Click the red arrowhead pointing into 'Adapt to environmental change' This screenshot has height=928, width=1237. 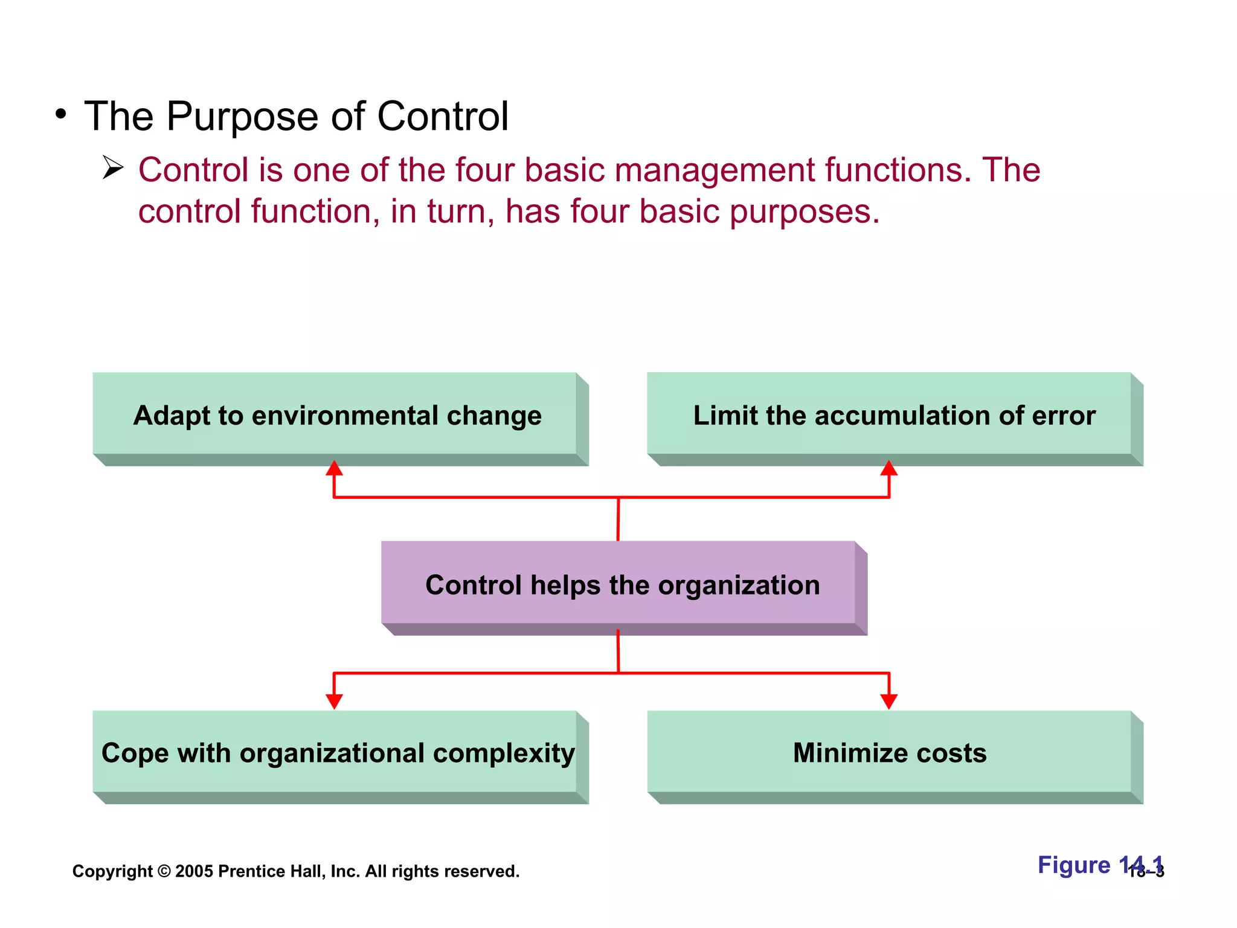[334, 468]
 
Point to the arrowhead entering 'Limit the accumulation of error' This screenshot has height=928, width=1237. [888, 468]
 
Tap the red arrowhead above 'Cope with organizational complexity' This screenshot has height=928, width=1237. [334, 701]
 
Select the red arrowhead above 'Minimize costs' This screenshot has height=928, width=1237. [888, 701]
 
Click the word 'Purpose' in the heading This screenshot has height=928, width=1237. [242, 117]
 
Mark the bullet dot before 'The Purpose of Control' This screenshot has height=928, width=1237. [60, 114]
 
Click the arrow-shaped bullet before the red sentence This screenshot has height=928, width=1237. [112, 167]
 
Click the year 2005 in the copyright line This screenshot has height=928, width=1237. [194, 871]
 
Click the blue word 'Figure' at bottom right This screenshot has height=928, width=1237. [1073, 865]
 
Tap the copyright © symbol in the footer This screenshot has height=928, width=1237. [164, 871]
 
